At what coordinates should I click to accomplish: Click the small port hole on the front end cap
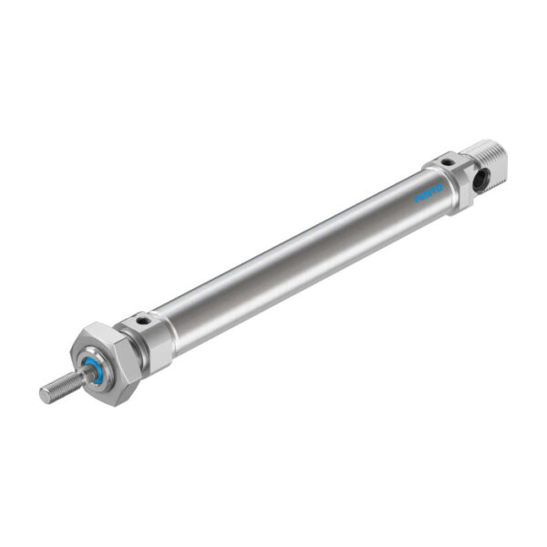[142, 321]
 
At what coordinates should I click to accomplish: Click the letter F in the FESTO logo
[418, 200]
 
